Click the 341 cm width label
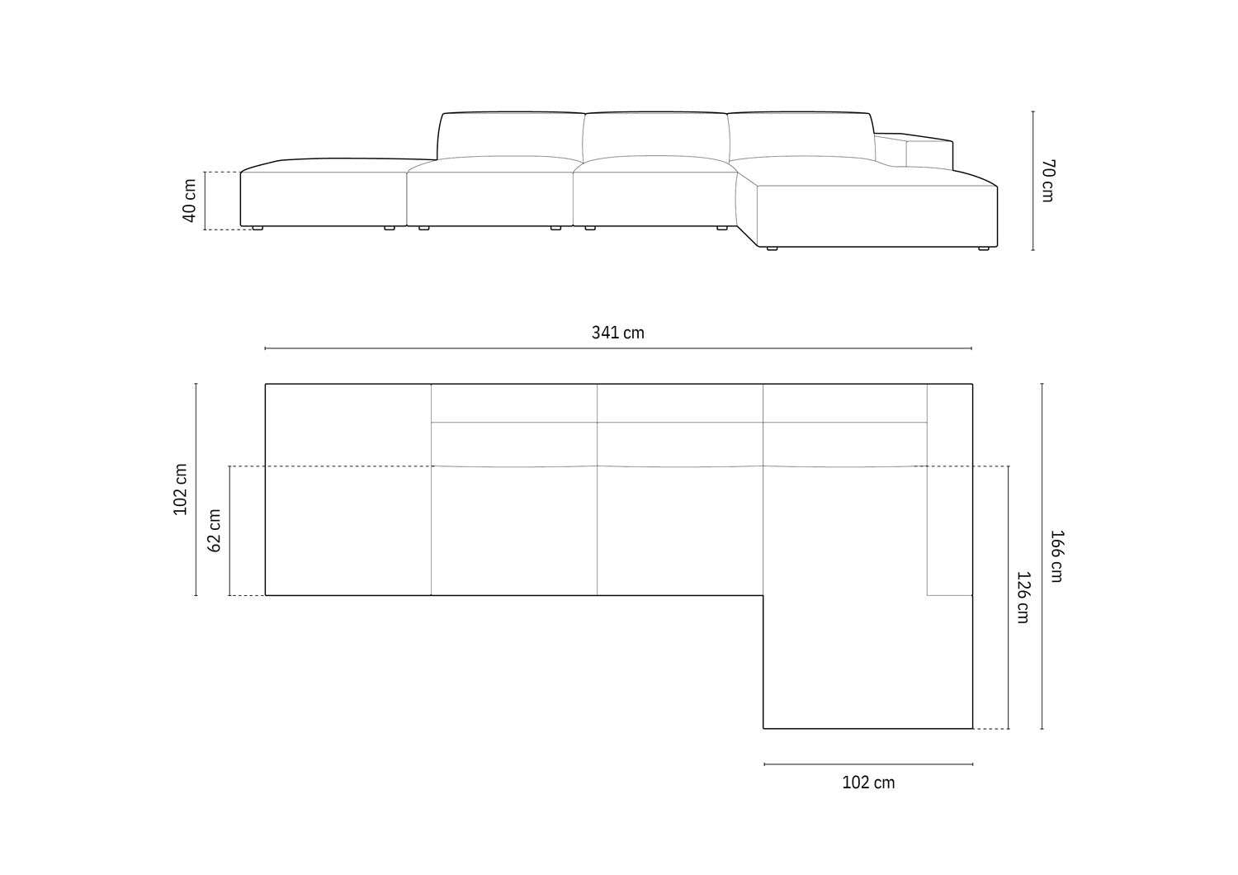(x=617, y=333)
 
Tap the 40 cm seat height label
(x=190, y=201)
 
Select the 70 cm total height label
(x=1047, y=180)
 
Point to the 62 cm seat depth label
(x=215, y=530)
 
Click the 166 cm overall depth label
(x=1056, y=556)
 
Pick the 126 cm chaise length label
(x=1022, y=597)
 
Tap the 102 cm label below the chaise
(x=868, y=783)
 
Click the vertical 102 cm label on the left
(x=181, y=490)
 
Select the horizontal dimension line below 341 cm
(x=617, y=348)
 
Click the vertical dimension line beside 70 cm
(x=1033, y=180)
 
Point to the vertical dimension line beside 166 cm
(x=1042, y=556)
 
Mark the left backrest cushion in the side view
(x=510, y=135)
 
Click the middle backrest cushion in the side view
(x=655, y=135)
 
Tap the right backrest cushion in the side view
(x=799, y=135)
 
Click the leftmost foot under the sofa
(x=258, y=228)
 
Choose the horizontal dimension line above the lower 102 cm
(x=868, y=764)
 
